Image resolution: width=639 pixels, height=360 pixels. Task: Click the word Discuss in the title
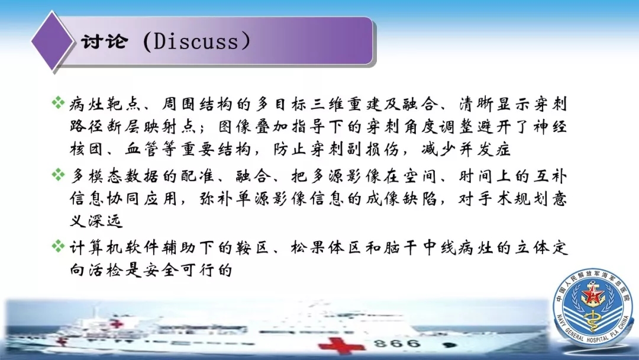[x=196, y=41]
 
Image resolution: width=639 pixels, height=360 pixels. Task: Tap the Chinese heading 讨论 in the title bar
[x=105, y=41]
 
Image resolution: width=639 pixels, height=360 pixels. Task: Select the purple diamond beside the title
[x=53, y=41]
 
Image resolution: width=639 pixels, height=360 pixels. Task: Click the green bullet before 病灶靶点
[x=58, y=102]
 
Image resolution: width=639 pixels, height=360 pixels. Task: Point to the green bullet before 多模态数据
[x=58, y=175]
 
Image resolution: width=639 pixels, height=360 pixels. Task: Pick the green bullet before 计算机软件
[x=58, y=246]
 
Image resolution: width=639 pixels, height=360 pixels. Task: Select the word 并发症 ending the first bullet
[x=485, y=149]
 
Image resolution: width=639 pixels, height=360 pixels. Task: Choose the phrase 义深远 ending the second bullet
[x=96, y=221]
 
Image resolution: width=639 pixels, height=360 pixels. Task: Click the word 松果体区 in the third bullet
[x=325, y=247]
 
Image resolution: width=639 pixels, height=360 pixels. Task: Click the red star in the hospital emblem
[x=592, y=294]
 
